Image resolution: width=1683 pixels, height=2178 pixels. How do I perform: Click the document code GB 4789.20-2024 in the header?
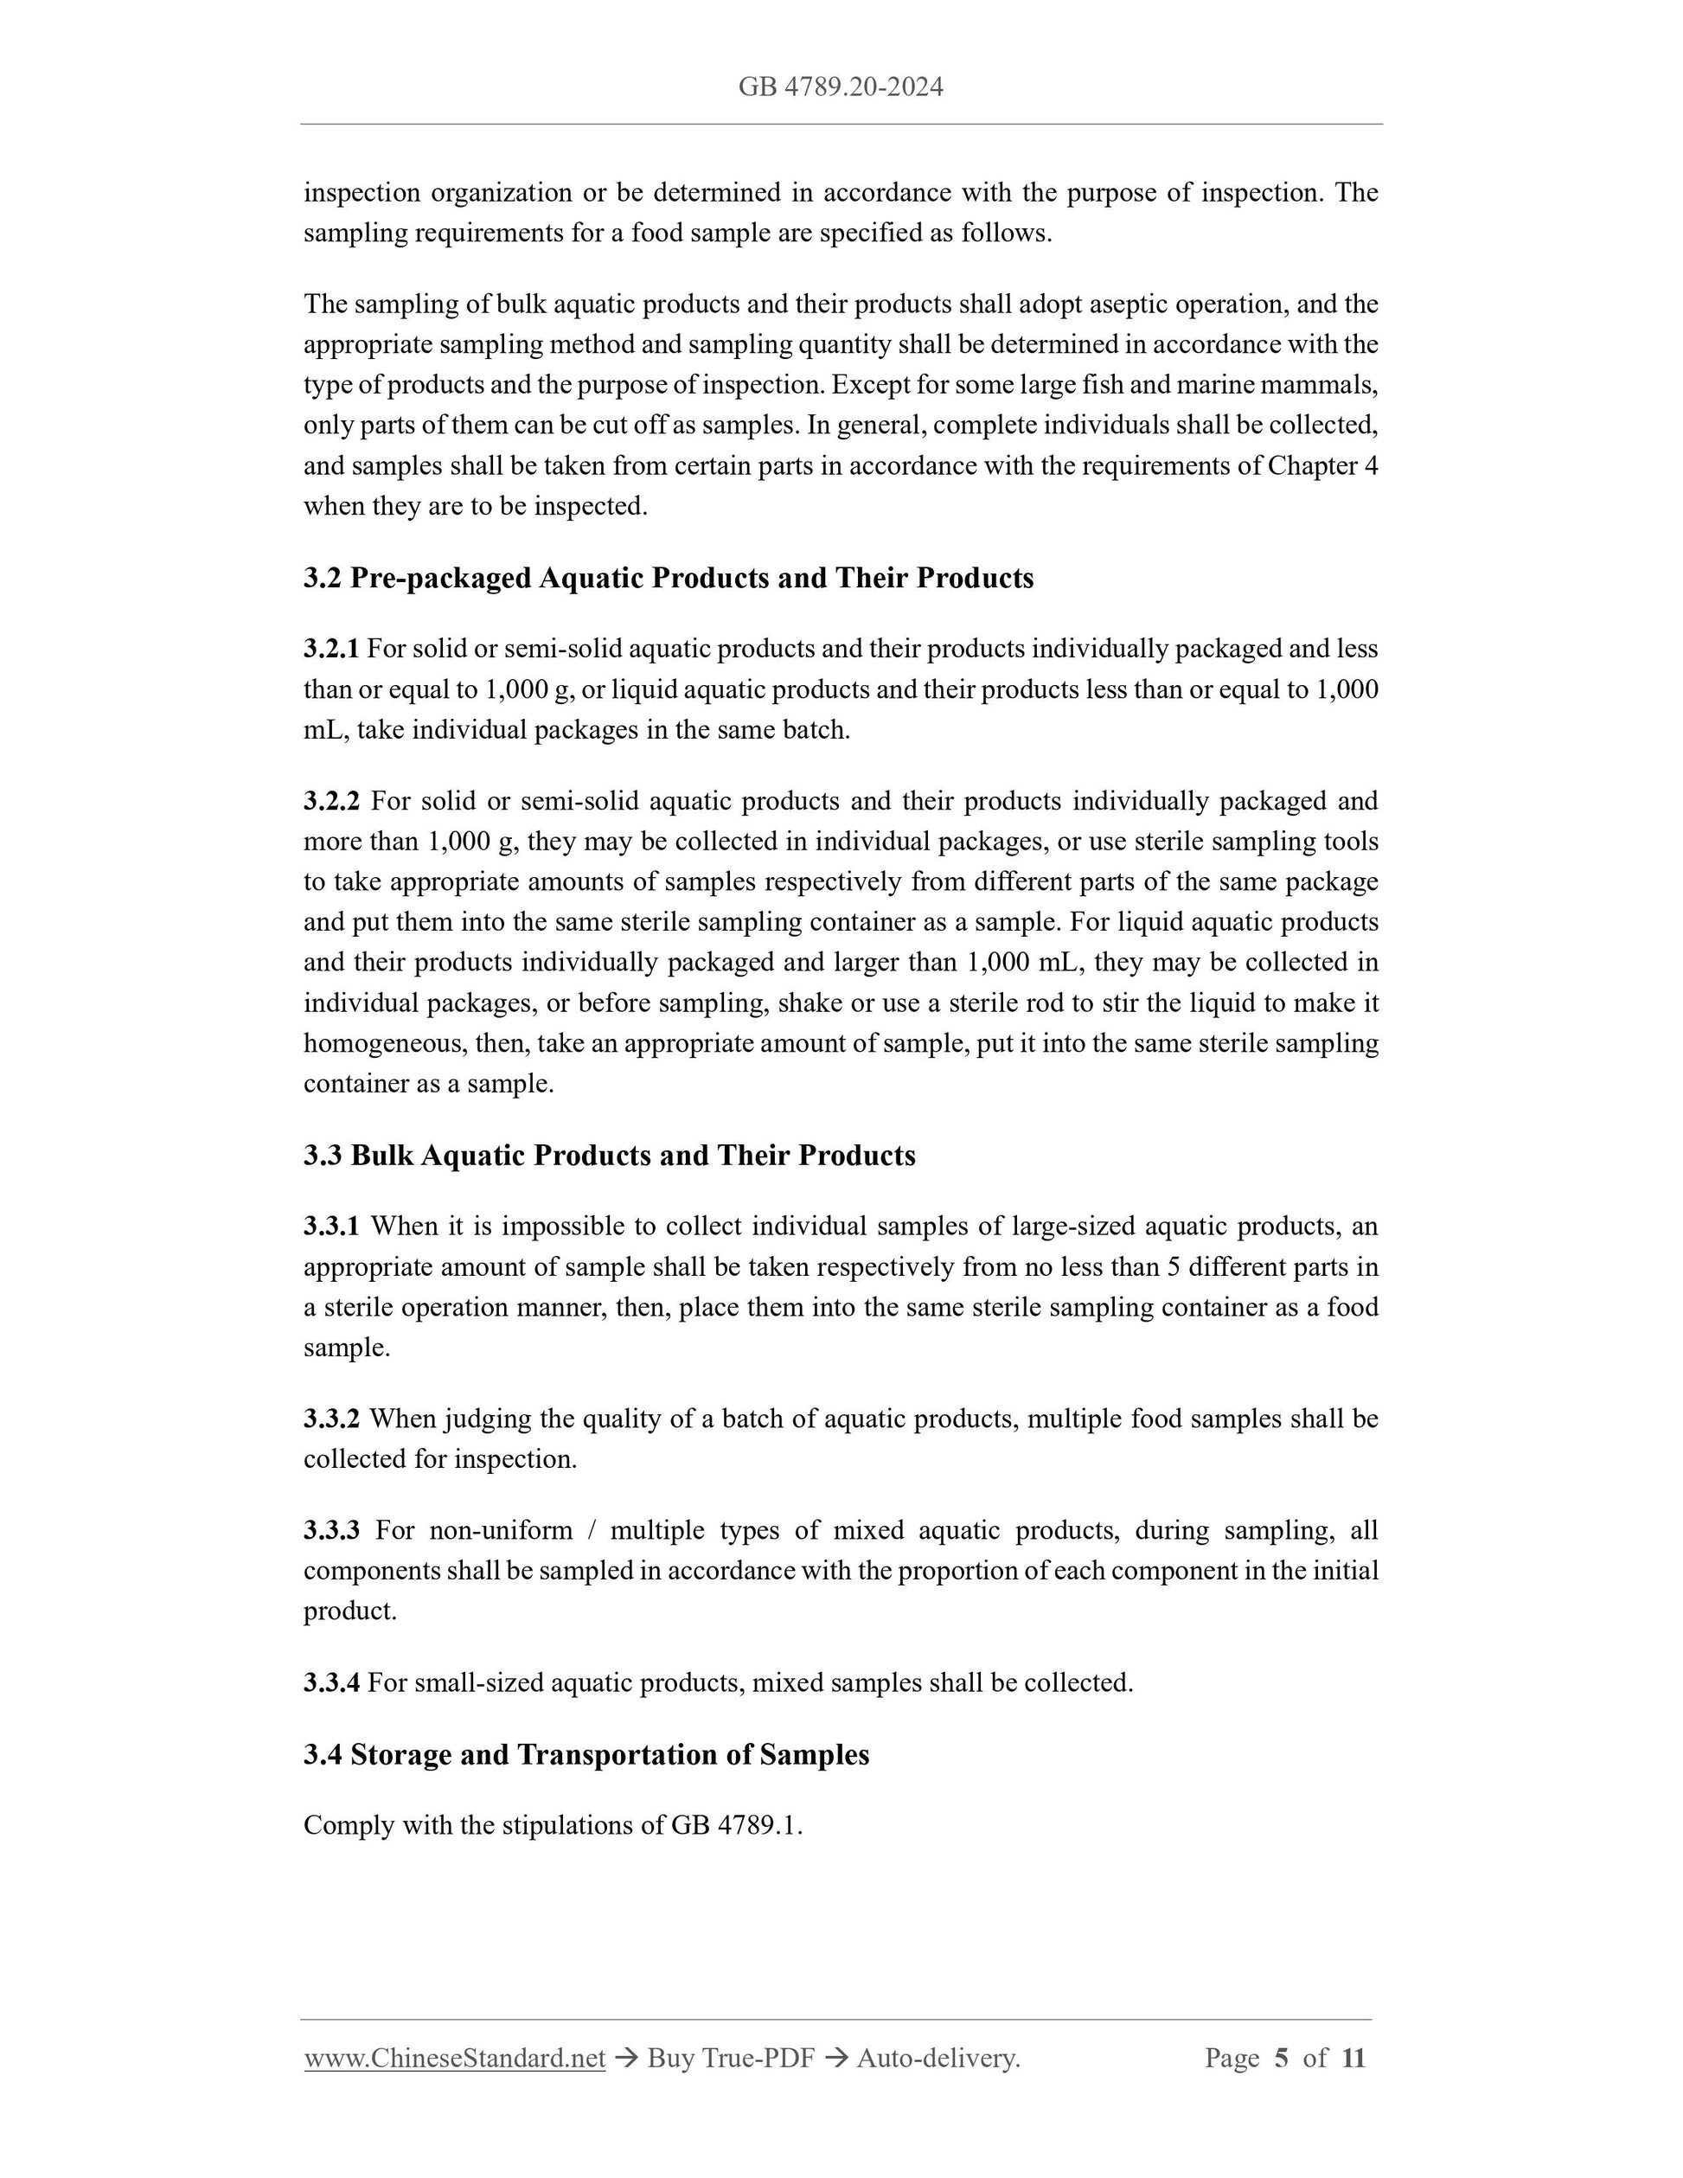[841, 87]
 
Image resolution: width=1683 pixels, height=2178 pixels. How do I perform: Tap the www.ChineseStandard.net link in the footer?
[455, 2057]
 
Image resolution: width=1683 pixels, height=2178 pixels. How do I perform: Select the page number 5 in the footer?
[1281, 2057]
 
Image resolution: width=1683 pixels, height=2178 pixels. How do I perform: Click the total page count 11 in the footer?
[1352, 2057]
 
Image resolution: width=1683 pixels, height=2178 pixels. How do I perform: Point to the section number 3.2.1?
[331, 650]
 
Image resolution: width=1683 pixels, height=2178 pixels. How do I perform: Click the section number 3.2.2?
[331, 801]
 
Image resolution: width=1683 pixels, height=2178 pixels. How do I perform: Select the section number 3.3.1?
[331, 1226]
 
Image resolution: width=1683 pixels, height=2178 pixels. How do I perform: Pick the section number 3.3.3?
[331, 1530]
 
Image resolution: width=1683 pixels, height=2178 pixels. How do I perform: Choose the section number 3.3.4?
[331, 1682]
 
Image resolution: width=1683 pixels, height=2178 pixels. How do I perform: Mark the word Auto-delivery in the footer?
[937, 2057]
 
